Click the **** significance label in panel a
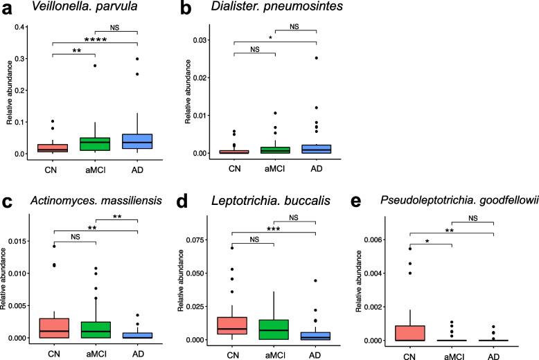[x=96, y=40]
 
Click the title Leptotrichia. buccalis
[x=260, y=201]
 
